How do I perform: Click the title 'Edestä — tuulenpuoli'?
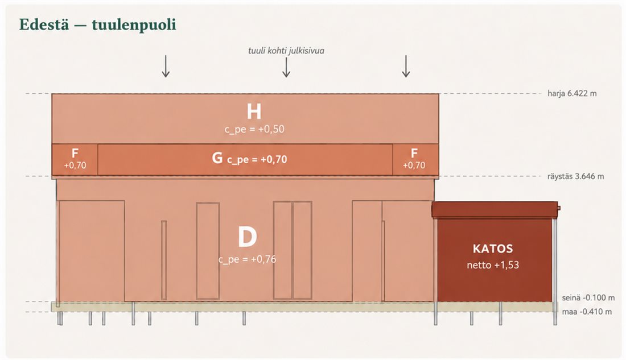(97, 25)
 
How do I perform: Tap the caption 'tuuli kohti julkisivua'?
(286, 51)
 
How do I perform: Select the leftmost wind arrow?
(166, 66)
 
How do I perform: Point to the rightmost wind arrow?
(406, 66)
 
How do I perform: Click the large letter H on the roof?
(254, 111)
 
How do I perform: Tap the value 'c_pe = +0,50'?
(254, 129)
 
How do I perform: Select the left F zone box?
(75, 159)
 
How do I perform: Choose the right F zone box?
(415, 159)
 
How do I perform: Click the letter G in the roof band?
(217, 158)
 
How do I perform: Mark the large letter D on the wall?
(247, 237)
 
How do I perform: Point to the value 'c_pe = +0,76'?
(247, 259)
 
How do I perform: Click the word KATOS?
(493, 249)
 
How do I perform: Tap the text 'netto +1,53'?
(493, 265)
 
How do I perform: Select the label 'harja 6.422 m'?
(572, 94)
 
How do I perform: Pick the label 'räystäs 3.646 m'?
(575, 176)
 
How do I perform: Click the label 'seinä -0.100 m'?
(588, 298)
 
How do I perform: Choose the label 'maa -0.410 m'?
(587, 312)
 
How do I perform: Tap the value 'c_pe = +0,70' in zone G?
(257, 160)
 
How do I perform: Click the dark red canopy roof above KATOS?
(495, 210)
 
